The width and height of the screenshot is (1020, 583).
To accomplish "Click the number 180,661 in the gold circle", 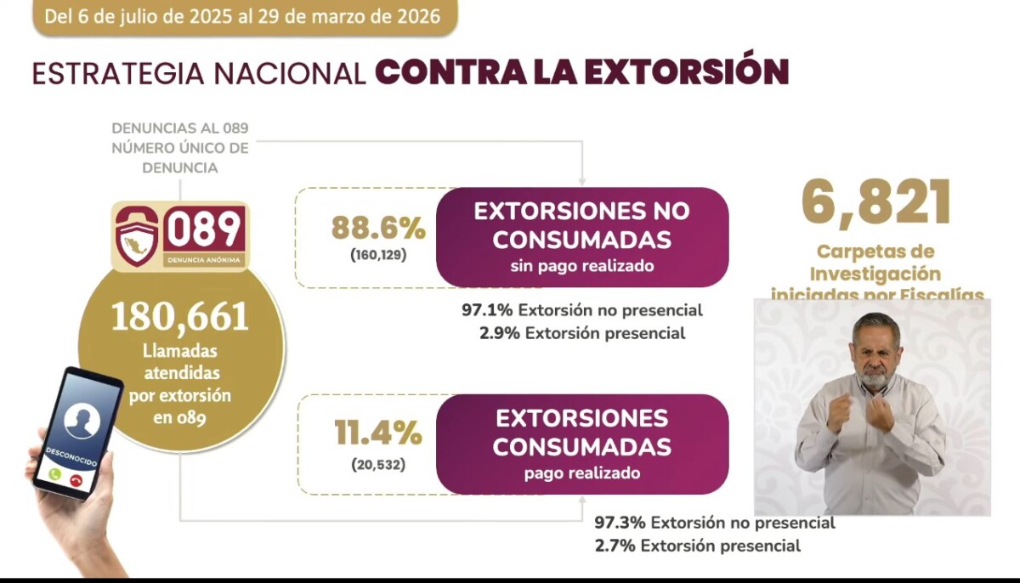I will click(180, 317).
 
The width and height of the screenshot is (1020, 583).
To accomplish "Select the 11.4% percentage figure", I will click(377, 434).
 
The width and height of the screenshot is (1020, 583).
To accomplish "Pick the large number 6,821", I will click(876, 202).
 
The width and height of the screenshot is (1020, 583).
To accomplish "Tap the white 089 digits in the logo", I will click(204, 229).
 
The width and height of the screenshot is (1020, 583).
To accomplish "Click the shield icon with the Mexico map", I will click(137, 235).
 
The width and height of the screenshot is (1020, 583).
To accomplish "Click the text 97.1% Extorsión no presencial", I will click(582, 310).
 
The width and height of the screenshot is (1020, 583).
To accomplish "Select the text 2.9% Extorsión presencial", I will click(582, 333).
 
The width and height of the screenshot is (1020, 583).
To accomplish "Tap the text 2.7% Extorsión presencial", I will click(698, 546).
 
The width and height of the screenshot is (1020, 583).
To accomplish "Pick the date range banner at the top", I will click(244, 16).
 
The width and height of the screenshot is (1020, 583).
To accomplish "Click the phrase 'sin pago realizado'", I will click(582, 266).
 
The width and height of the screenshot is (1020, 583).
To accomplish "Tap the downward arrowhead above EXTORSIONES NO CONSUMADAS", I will click(582, 178).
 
